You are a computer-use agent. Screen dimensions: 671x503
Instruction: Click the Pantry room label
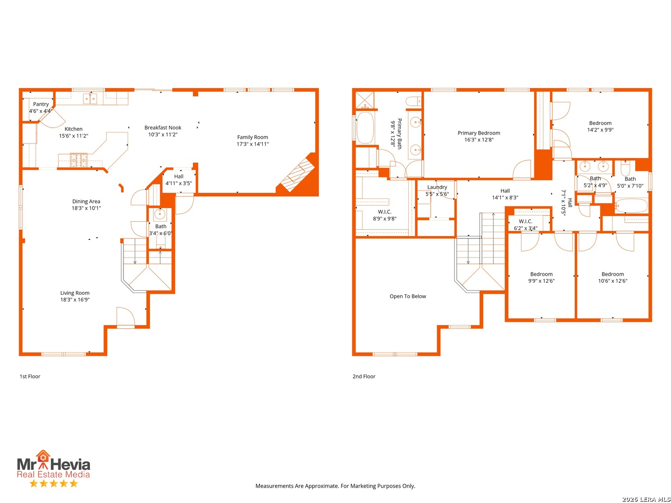(x=41, y=104)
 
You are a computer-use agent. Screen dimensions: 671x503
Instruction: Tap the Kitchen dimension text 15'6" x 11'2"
(x=73, y=136)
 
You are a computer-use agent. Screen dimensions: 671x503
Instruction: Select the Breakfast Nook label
(x=163, y=128)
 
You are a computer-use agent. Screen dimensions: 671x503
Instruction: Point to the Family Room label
(x=252, y=137)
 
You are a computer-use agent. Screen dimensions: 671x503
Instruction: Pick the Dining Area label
(x=86, y=202)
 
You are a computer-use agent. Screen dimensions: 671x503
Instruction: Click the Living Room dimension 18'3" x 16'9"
(x=75, y=299)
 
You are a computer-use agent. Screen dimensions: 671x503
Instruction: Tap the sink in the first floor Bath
(x=159, y=214)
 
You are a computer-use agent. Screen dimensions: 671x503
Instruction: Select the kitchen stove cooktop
(x=79, y=160)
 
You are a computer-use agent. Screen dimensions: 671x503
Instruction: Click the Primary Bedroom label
(x=479, y=133)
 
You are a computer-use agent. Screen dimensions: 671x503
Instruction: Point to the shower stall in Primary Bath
(x=365, y=100)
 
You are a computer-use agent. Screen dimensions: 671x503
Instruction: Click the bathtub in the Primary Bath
(x=365, y=128)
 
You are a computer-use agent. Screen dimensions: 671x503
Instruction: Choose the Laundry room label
(x=437, y=187)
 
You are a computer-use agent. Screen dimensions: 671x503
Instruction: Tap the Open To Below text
(x=407, y=296)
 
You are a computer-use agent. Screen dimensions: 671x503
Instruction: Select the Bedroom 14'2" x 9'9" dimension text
(x=600, y=130)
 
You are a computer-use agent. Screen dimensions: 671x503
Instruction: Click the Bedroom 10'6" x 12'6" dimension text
(x=612, y=281)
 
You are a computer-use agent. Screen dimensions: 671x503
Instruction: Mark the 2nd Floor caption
(x=364, y=377)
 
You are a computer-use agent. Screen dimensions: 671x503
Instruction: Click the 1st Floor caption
(x=30, y=377)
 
